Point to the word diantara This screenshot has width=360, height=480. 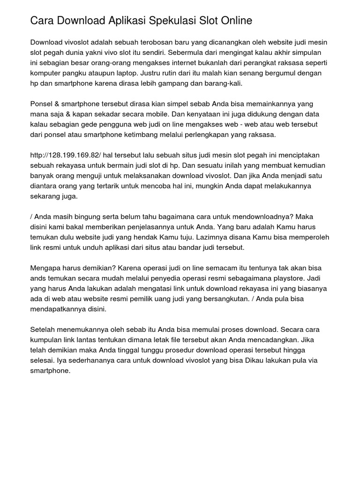[x=45, y=187]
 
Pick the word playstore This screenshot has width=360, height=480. [x=272, y=278]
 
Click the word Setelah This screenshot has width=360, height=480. [x=44, y=330]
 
